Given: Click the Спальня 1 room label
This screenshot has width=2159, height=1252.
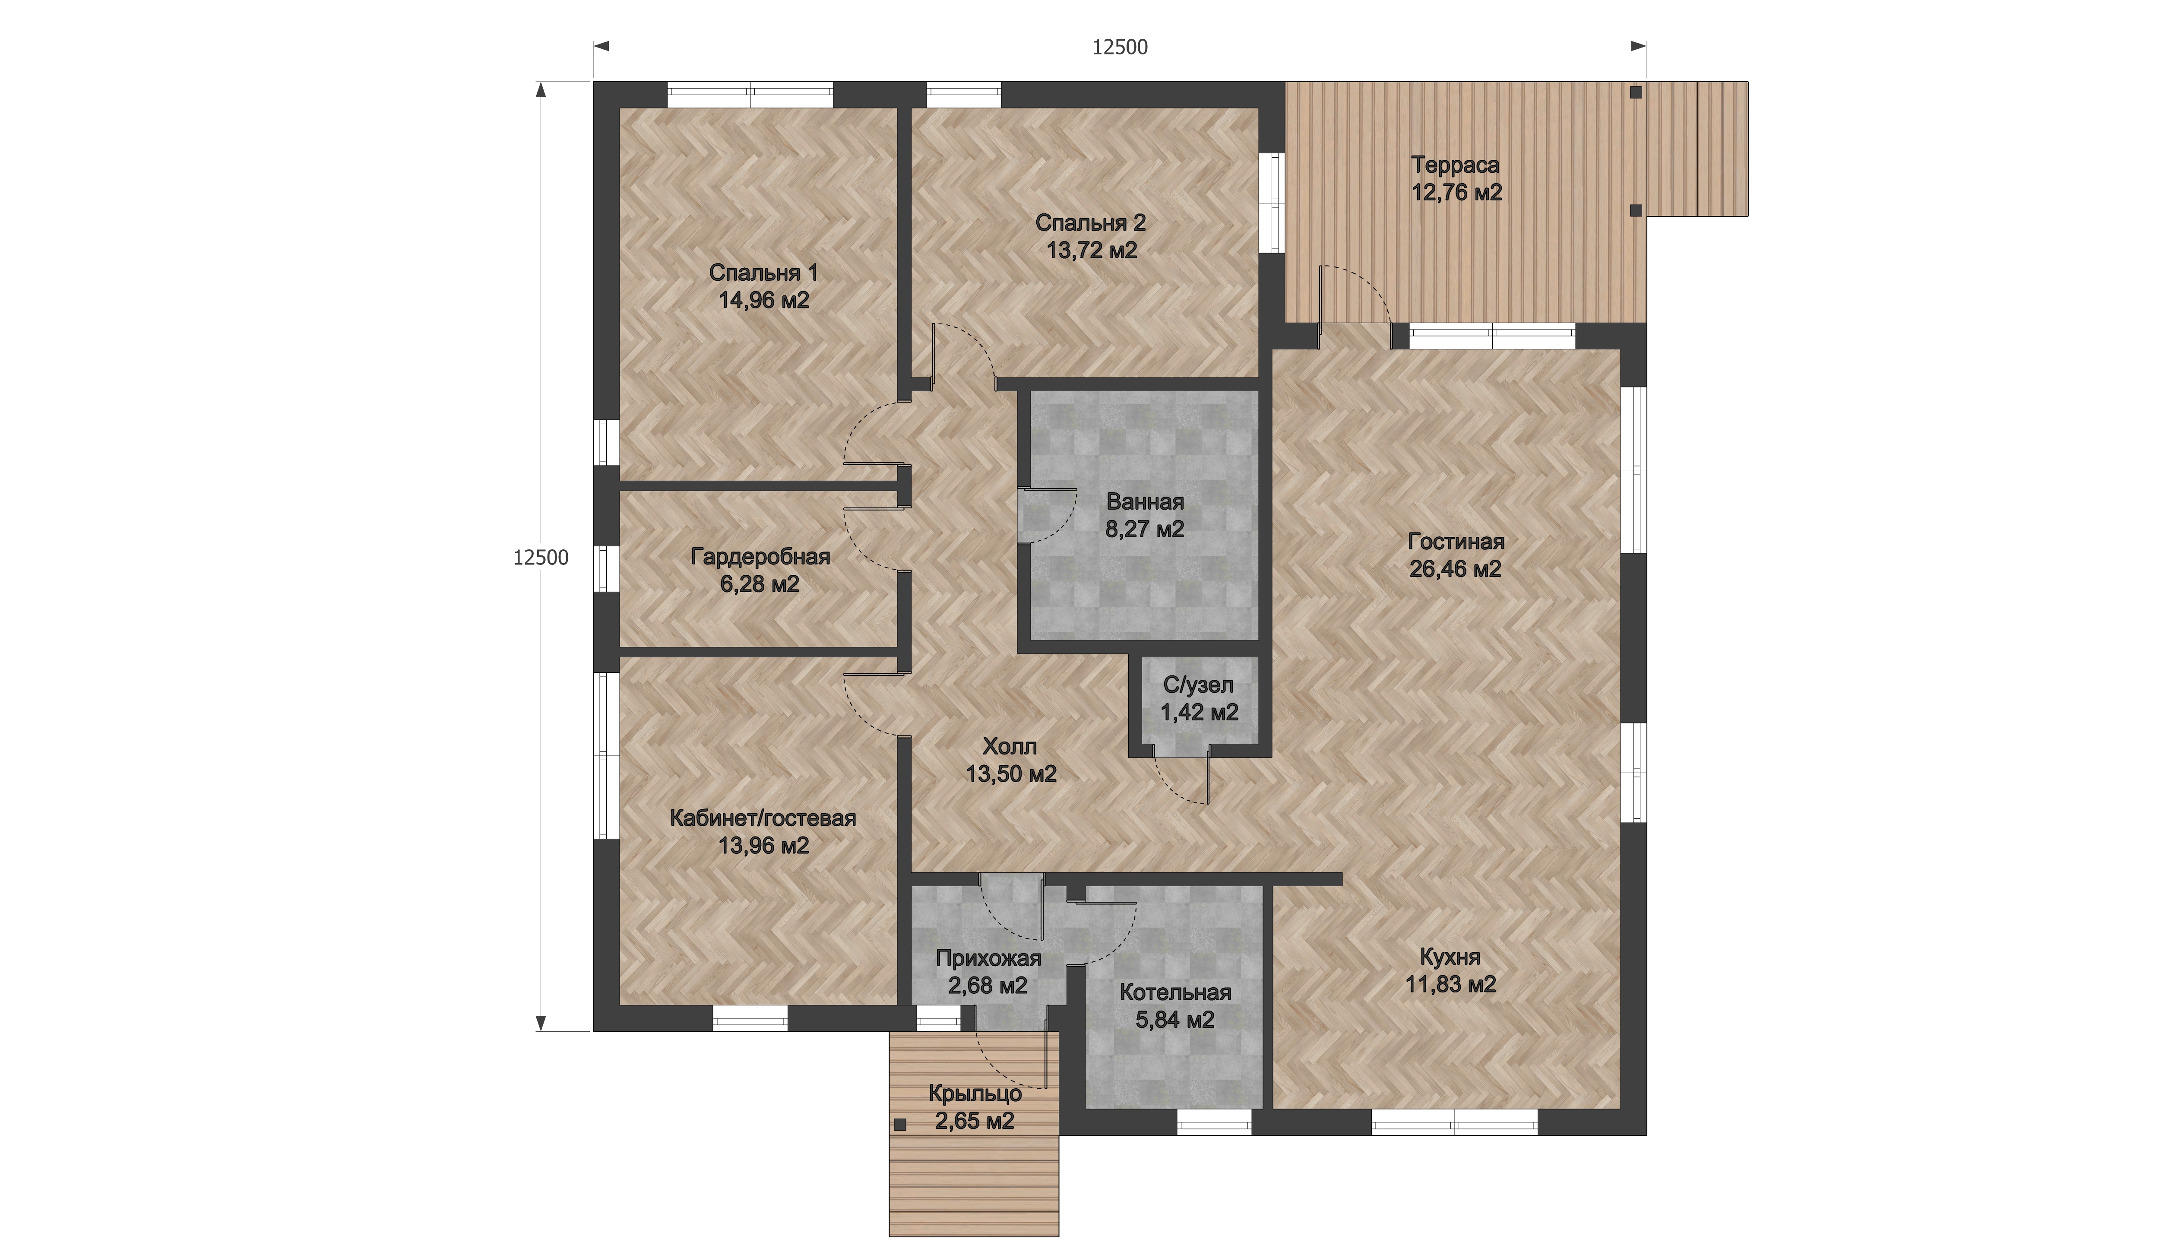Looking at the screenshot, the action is tap(763, 273).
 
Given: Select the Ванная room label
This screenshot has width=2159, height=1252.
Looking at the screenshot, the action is tap(1145, 502).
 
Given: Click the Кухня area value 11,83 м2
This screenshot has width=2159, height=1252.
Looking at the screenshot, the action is tap(1450, 985).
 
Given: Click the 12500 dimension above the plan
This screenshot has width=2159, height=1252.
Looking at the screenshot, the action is tap(1120, 48).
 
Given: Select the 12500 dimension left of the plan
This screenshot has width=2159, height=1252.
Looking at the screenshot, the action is tap(541, 558).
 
